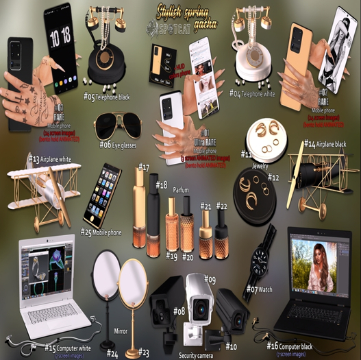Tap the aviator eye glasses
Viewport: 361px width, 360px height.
114,126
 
